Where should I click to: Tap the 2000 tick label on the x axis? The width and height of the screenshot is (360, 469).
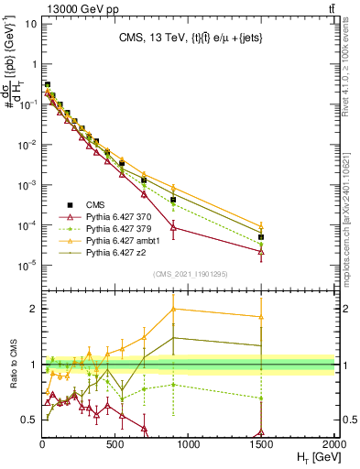[333, 442]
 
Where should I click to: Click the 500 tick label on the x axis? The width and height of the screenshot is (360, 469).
[116, 442]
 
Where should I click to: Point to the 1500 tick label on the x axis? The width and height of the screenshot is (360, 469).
[261, 442]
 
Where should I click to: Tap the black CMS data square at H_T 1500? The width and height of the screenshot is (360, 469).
[261, 237]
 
